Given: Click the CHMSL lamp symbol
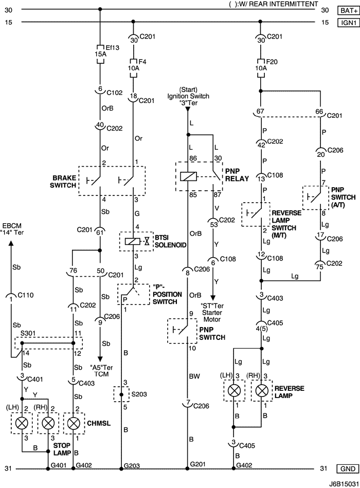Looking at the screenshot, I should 74,423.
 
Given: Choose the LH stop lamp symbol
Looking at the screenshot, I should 22,423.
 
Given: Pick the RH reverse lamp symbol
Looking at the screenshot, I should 262,389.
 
